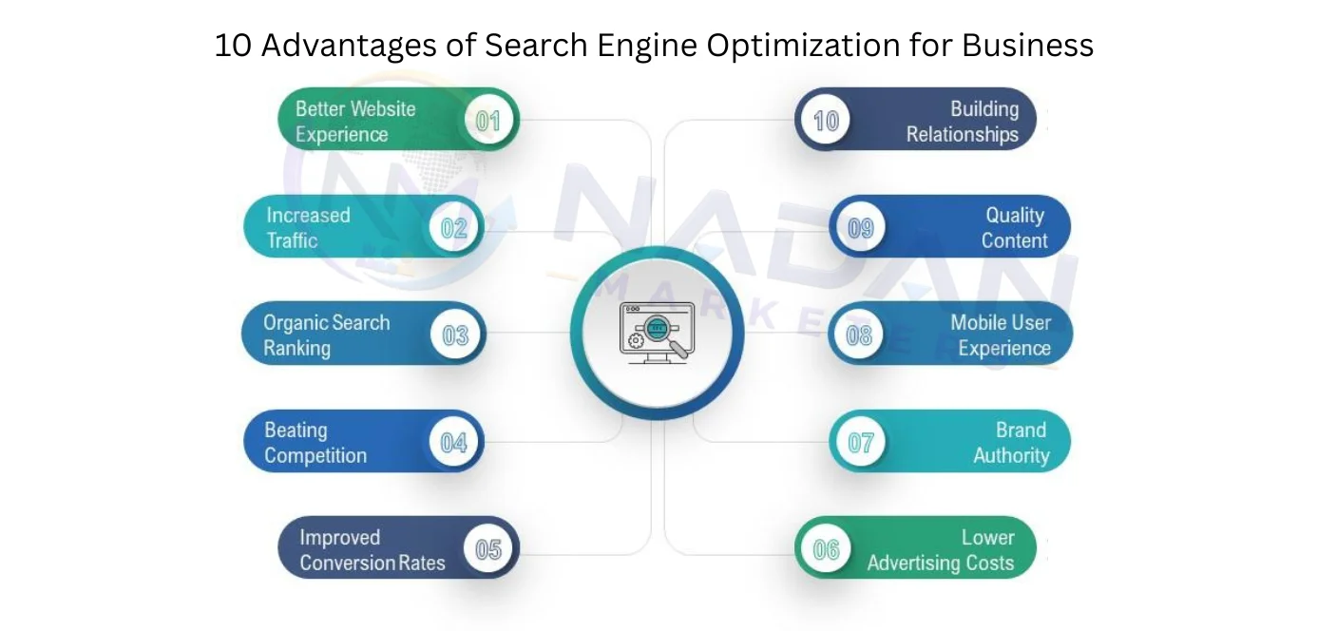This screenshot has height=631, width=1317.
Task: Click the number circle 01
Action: point(488,121)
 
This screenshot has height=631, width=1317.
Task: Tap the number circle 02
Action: point(453,227)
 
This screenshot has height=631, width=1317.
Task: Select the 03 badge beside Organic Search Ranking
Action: point(455,335)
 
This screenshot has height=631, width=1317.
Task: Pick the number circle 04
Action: point(453,442)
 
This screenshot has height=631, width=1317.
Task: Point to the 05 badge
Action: point(488,549)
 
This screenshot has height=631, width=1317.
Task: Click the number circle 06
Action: point(826,549)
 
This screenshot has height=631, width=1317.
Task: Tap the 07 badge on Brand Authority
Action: point(861,442)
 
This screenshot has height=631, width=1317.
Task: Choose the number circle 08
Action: point(859,335)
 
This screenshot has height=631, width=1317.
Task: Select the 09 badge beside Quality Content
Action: point(861,227)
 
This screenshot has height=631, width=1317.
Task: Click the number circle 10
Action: point(826,121)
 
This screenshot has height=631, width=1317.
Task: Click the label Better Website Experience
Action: point(355,122)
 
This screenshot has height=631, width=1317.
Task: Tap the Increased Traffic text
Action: point(308,228)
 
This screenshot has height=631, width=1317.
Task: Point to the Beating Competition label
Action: point(315,443)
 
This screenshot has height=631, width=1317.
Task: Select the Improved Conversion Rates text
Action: point(372,550)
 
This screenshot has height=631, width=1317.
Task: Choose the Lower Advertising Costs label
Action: point(941,550)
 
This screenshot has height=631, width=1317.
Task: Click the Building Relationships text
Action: point(963,122)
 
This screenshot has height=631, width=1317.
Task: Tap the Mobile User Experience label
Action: point(1001,335)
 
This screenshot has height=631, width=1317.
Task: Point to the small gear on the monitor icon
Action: point(636,340)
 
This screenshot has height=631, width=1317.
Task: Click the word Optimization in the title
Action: point(803,46)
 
